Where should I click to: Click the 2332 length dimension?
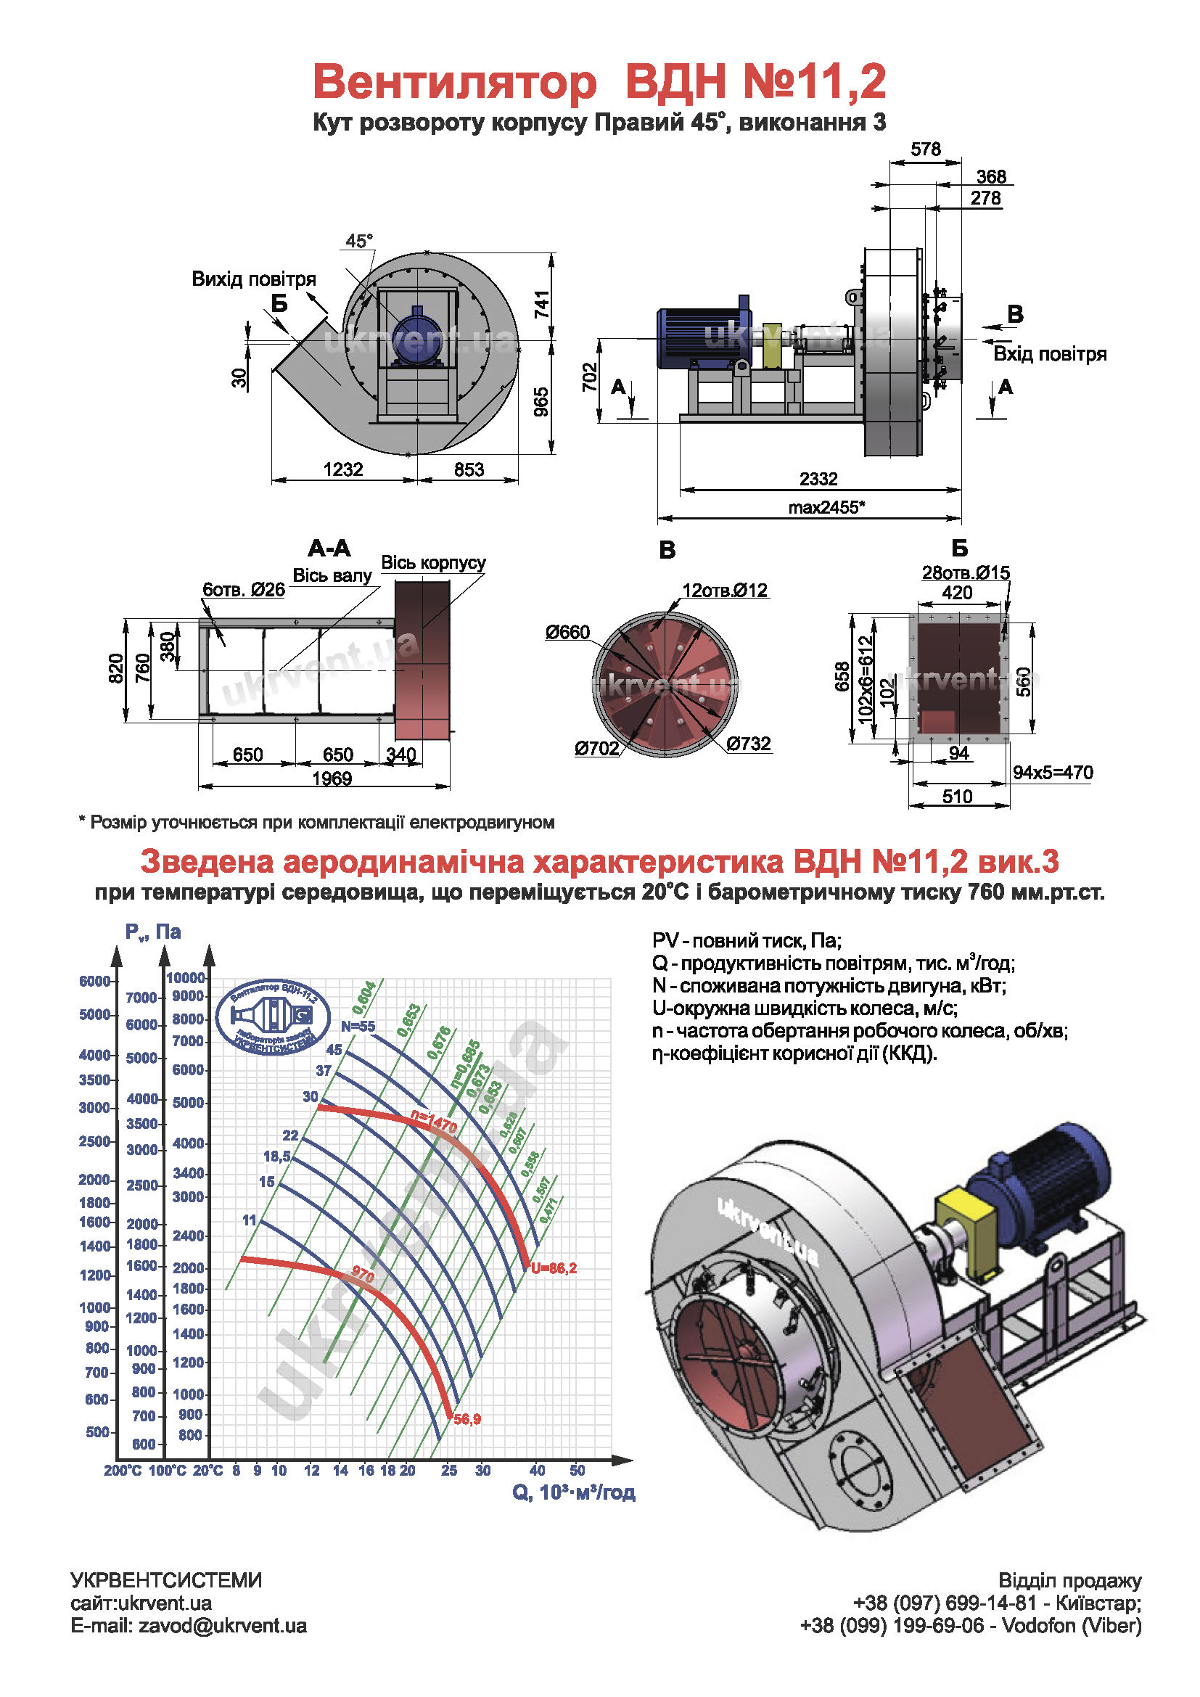(x=818, y=479)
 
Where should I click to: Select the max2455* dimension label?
(x=826, y=507)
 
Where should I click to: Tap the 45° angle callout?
(x=359, y=241)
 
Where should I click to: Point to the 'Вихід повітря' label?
(x=253, y=279)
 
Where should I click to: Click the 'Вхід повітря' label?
(x=1049, y=354)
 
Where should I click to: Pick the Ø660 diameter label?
(x=567, y=632)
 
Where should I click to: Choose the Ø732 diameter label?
(x=749, y=744)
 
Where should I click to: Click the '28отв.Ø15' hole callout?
(x=966, y=573)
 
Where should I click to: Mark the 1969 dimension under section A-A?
(x=332, y=778)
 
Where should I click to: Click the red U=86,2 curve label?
(x=554, y=1268)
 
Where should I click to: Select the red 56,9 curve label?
(x=467, y=1419)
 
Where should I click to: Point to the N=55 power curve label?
(x=358, y=1026)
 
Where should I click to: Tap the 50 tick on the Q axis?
(x=577, y=1470)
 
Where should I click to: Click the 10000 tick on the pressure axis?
(x=186, y=978)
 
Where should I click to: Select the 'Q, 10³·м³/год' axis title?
(x=573, y=1492)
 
